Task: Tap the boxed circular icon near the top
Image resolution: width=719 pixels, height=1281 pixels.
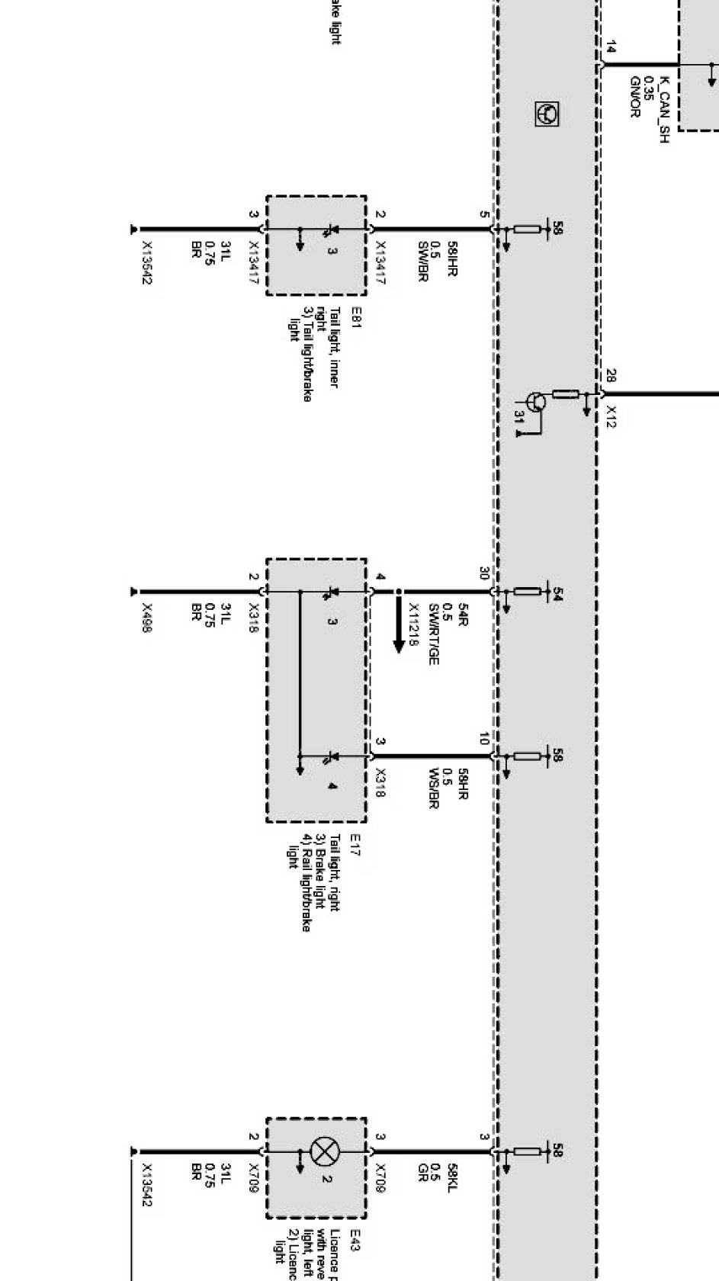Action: click(547, 114)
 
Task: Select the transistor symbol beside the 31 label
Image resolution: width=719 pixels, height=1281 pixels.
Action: click(536, 403)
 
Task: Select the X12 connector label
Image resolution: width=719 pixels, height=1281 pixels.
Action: click(611, 416)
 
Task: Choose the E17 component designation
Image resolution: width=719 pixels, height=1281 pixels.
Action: click(355, 844)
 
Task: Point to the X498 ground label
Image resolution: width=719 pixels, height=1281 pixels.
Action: click(147, 618)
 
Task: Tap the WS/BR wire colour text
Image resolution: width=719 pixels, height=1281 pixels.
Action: click(435, 788)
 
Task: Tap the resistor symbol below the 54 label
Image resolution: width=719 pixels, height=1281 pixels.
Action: click(527, 591)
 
